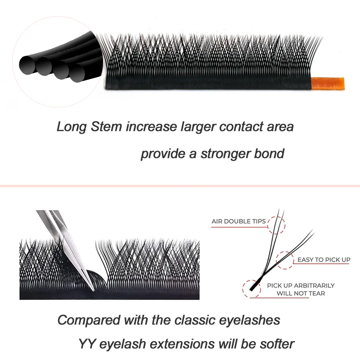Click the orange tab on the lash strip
pyautogui.click(x=329, y=83)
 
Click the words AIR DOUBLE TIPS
pyautogui.click(x=238, y=221)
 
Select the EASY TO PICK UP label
pyautogui.click(x=324, y=260)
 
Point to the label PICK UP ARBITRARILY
pyautogui.click(x=301, y=286)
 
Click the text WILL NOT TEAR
pyautogui.click(x=301, y=293)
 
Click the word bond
pyautogui.click(x=270, y=153)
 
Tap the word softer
pyautogui.click(x=276, y=344)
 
